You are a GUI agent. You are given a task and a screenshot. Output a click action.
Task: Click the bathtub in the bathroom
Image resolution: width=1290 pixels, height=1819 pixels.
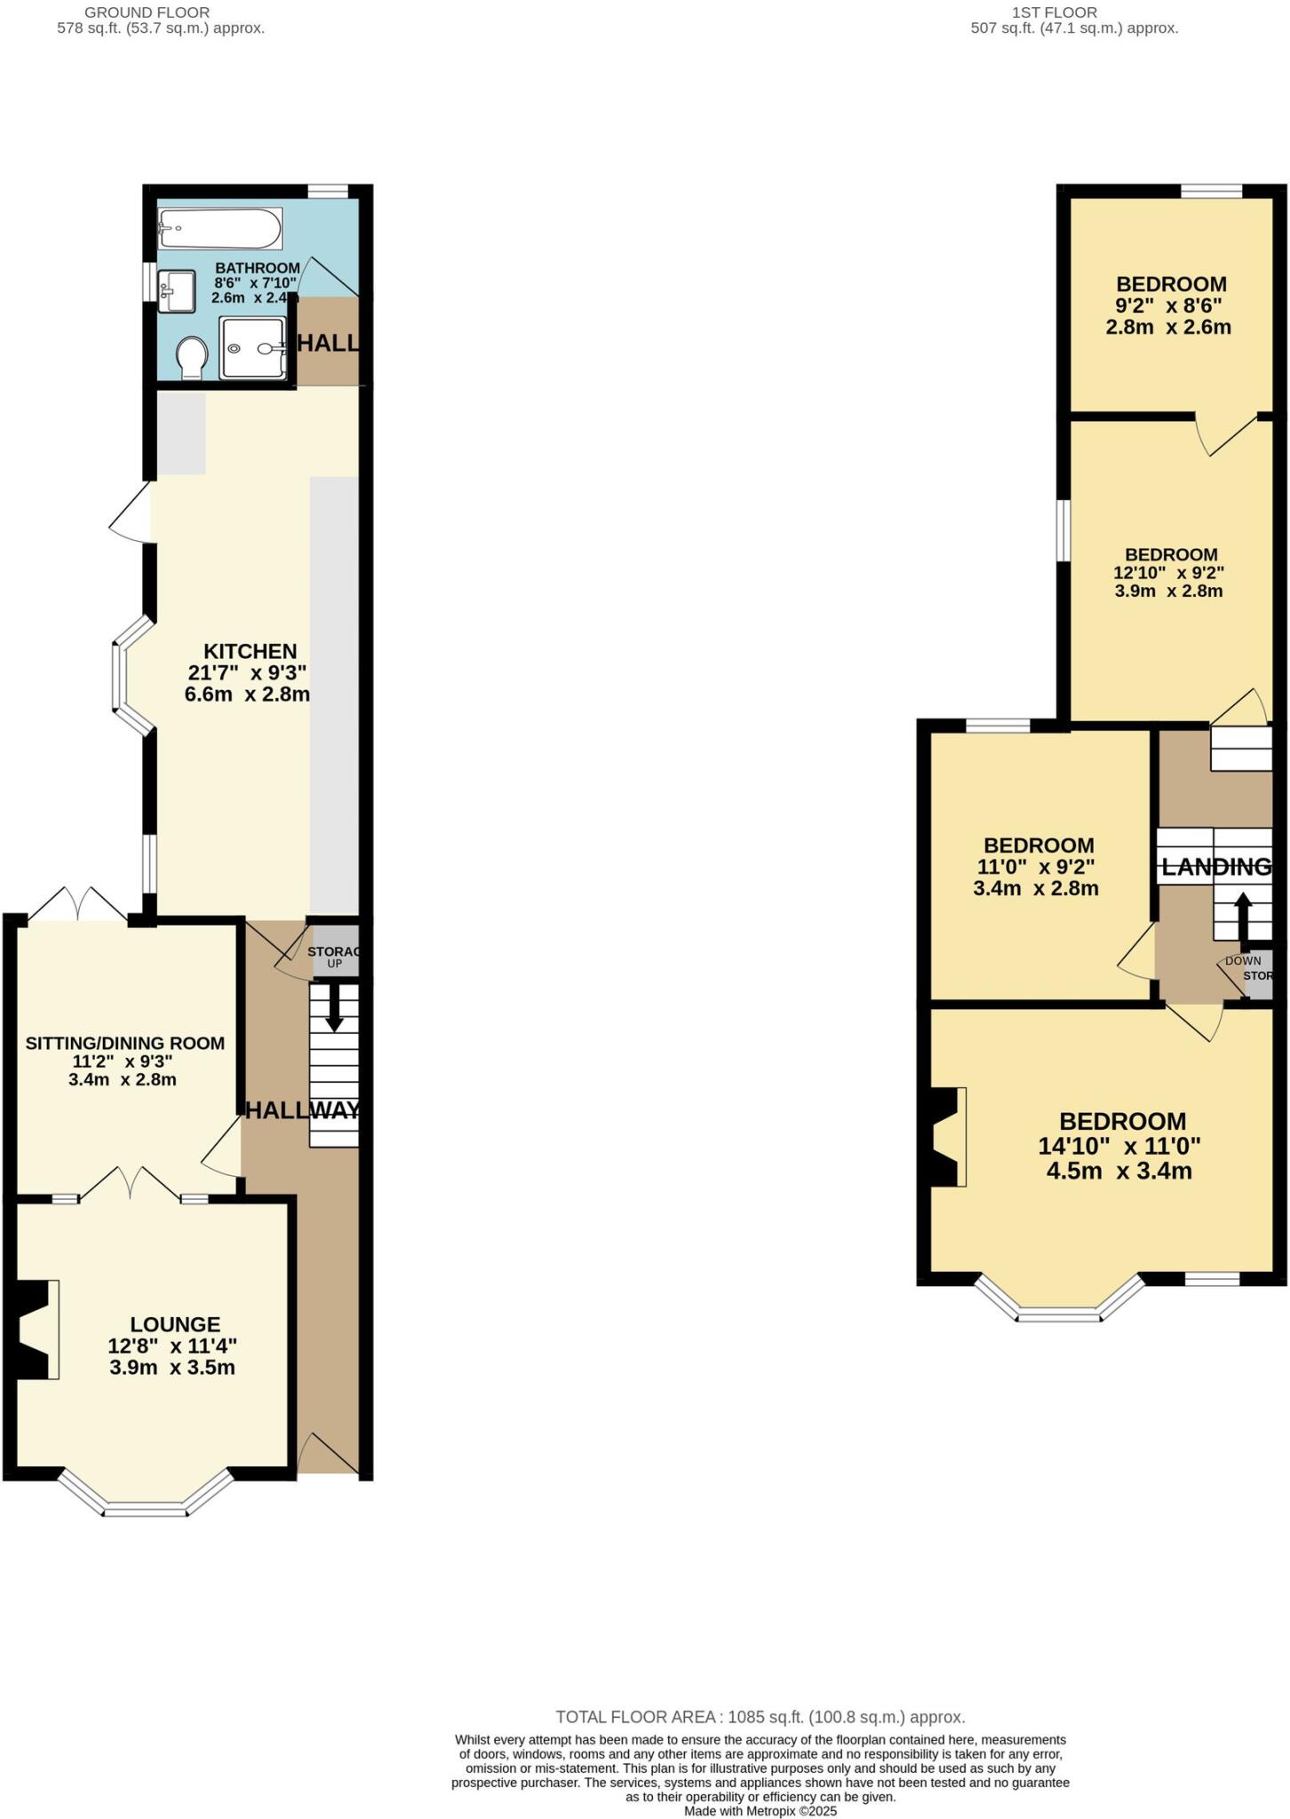coord(220,229)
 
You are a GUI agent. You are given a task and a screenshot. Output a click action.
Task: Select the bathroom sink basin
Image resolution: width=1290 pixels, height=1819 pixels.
coord(177,290)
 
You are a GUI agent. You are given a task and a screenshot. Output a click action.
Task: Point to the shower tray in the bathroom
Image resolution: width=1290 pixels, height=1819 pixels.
coord(253,348)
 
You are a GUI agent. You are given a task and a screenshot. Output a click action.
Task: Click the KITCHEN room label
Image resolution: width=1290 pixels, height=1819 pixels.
coord(250,651)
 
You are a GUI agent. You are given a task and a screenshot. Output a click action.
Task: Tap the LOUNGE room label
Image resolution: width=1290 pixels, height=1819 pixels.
coord(175,1324)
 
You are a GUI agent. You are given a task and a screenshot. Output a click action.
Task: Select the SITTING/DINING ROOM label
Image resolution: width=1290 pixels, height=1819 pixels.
coord(124,1043)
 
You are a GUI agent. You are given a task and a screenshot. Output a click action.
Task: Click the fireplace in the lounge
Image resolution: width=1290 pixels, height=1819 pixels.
coord(36,1329)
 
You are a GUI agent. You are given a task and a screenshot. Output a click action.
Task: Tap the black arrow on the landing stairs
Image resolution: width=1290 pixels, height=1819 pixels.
coord(1242,915)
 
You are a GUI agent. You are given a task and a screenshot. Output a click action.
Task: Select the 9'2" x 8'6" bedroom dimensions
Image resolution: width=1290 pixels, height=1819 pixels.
coord(1168,306)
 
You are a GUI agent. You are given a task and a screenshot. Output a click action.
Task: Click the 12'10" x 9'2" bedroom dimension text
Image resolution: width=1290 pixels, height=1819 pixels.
coord(1168,573)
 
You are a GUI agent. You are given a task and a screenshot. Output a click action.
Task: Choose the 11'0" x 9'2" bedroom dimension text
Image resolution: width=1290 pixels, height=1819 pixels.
coord(1036,867)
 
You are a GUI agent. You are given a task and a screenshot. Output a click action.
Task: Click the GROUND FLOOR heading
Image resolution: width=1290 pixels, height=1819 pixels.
coord(147,12)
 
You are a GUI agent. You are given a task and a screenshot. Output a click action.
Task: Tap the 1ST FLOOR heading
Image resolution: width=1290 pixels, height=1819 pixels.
coord(1055,12)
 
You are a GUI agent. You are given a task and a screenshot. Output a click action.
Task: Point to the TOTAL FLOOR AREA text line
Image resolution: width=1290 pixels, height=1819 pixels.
coord(760,1717)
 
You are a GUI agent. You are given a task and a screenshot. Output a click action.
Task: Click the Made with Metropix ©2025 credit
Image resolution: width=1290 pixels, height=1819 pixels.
coord(760,1811)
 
